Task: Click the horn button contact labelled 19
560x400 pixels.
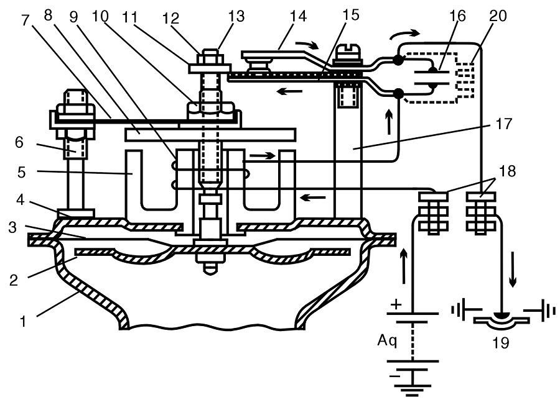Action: (x=501, y=319)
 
